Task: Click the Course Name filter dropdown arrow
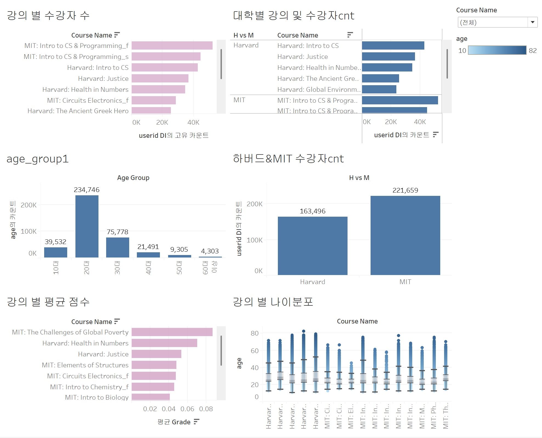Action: pos(532,22)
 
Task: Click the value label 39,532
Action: pos(55,242)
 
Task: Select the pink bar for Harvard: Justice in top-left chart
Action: pos(160,78)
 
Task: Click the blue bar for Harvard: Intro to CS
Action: pos(393,45)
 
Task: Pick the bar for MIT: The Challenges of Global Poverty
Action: pos(172,332)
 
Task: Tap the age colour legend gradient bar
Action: pos(497,50)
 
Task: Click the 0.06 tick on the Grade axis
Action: pos(187,409)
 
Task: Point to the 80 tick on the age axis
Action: pos(255,333)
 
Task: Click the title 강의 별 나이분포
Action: pos(273,302)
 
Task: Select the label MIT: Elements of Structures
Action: pos(85,365)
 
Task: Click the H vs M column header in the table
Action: pos(243,35)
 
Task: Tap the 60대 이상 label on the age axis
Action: pos(210,267)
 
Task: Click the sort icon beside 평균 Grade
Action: pos(196,422)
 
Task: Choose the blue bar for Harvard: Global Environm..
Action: pos(379,89)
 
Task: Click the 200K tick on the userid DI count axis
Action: pos(255,204)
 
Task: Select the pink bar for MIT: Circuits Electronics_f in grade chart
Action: pos(154,376)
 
